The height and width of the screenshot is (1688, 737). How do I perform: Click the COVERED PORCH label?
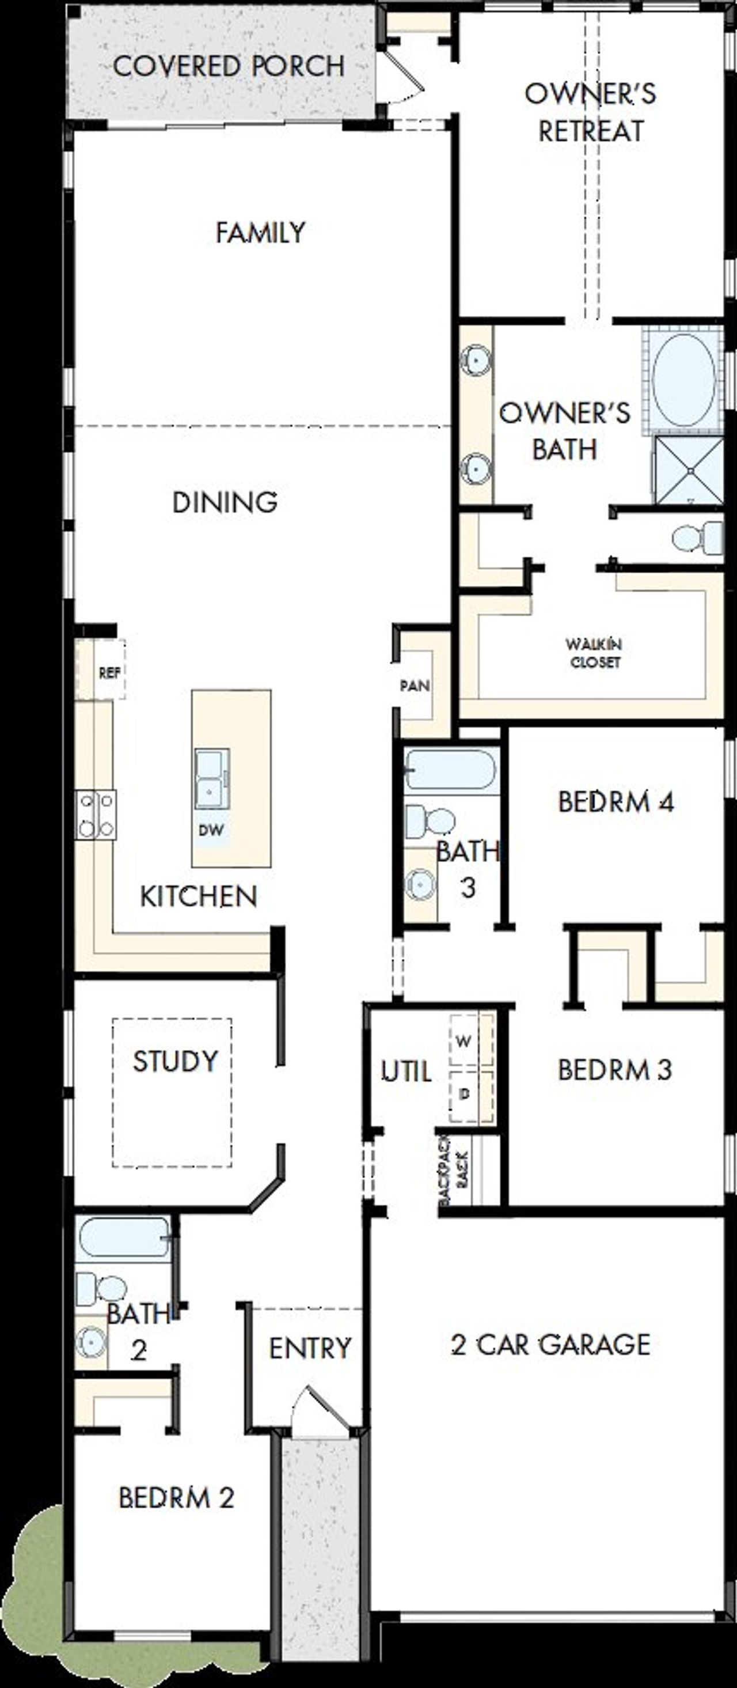[229, 66]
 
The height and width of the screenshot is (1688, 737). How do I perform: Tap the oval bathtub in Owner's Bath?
[683, 380]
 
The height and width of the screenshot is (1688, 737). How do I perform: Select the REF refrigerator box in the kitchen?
[109, 672]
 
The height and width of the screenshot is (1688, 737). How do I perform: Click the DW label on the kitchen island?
[211, 830]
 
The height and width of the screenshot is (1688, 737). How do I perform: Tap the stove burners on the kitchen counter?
[96, 815]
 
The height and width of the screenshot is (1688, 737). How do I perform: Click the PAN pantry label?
[415, 686]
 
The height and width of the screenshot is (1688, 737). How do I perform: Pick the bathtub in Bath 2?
[123, 1236]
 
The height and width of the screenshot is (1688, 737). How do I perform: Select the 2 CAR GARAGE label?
[550, 1345]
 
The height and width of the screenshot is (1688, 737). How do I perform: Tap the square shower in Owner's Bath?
[689, 470]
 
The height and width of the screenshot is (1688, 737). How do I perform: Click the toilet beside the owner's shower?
[696, 538]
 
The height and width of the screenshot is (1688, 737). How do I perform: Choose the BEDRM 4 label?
[616, 801]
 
